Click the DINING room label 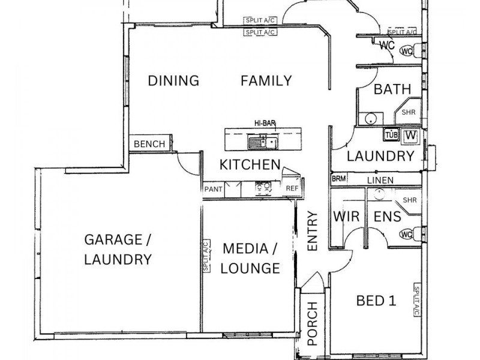173,81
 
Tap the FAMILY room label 266,81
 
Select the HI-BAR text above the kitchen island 265,124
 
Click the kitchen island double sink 263,143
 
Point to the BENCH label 149,144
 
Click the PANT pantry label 214,189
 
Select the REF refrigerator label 292,188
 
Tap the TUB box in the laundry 391,134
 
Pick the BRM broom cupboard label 338,179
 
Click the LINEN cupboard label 380,181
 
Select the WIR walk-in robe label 346,217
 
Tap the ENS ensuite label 387,217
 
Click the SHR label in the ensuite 410,200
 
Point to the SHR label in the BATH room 409,112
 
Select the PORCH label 312,323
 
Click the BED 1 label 376,301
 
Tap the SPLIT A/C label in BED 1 416,300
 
